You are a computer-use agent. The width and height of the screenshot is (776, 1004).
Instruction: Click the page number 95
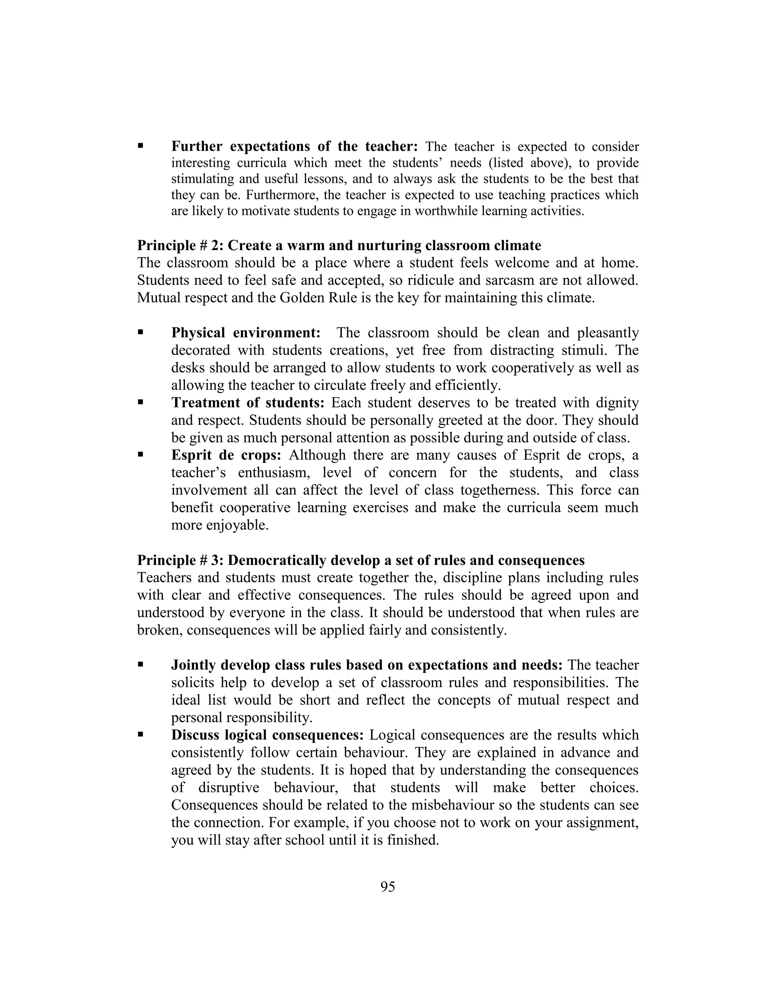(388, 887)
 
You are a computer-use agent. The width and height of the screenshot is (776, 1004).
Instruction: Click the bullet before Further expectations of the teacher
(141, 146)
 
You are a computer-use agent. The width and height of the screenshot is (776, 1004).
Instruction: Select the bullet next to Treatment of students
(141, 402)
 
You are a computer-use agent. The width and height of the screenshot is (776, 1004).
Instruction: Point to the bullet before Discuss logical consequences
(141, 735)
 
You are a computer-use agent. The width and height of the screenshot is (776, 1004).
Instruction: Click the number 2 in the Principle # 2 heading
(215, 246)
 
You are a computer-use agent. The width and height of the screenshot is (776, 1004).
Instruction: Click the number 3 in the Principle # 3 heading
(215, 560)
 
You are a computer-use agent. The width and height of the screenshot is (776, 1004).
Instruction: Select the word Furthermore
(282, 195)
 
